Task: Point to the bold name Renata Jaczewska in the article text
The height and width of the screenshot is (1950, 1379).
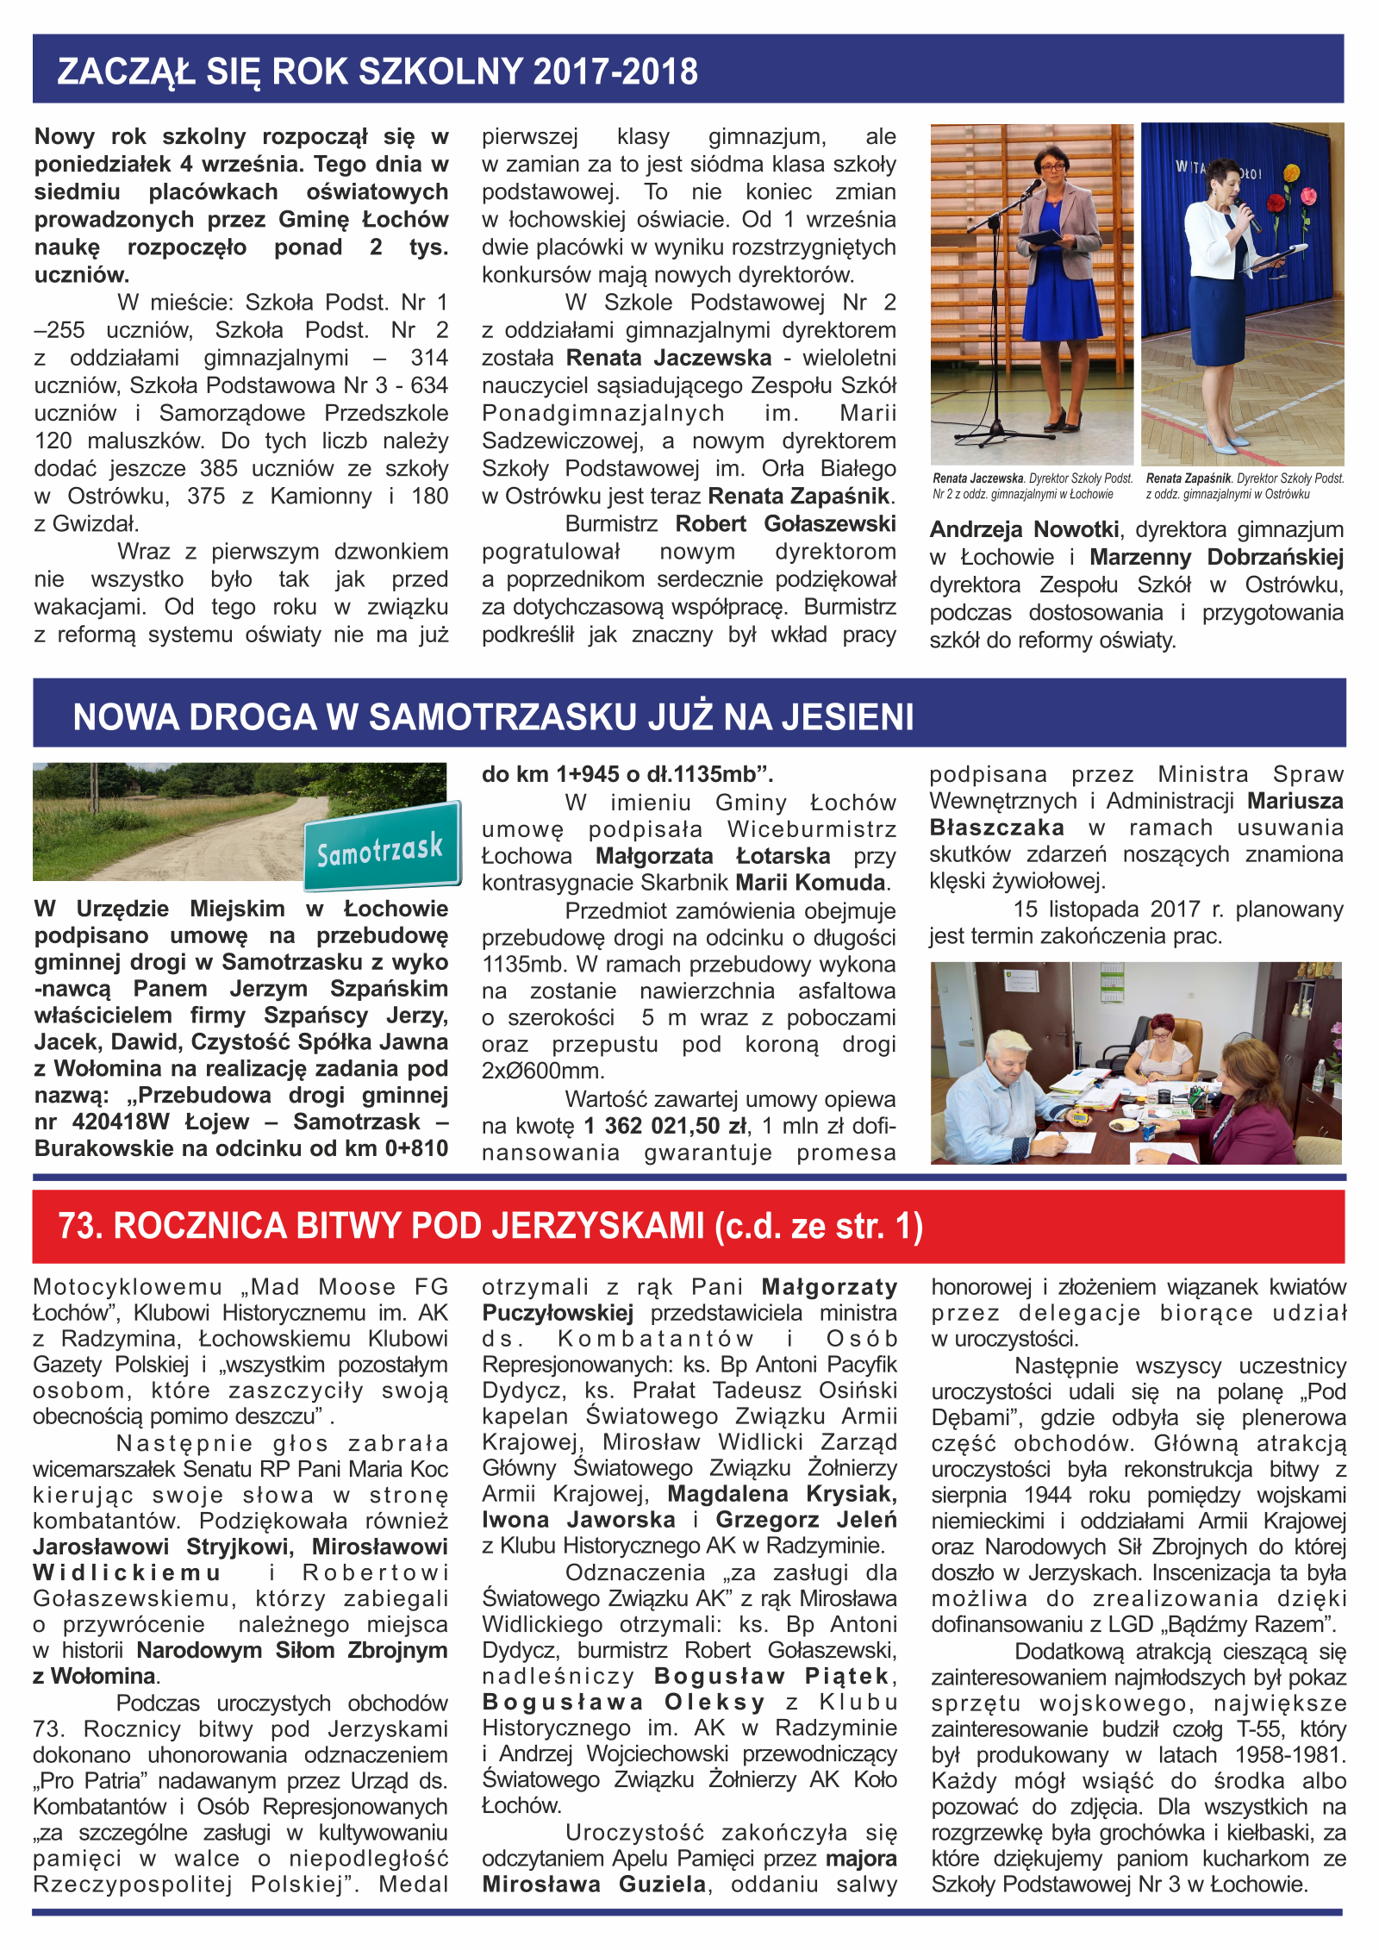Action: [669, 358]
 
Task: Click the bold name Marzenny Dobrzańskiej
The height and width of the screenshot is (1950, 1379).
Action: [1216, 557]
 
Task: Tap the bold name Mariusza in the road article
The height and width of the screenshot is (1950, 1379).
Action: [1295, 801]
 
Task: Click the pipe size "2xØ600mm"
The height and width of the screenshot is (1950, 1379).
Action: [543, 1071]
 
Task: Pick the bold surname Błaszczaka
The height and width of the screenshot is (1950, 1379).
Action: [996, 828]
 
